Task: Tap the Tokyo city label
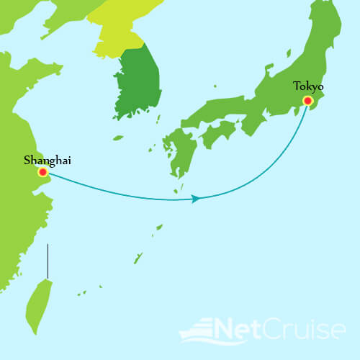point(308,86)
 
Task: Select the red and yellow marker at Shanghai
point(43,172)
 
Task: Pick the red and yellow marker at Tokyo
point(308,102)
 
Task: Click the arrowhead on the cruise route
point(195,198)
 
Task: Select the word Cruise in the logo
point(310,330)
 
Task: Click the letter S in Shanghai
point(27,160)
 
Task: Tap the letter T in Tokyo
point(296,86)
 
